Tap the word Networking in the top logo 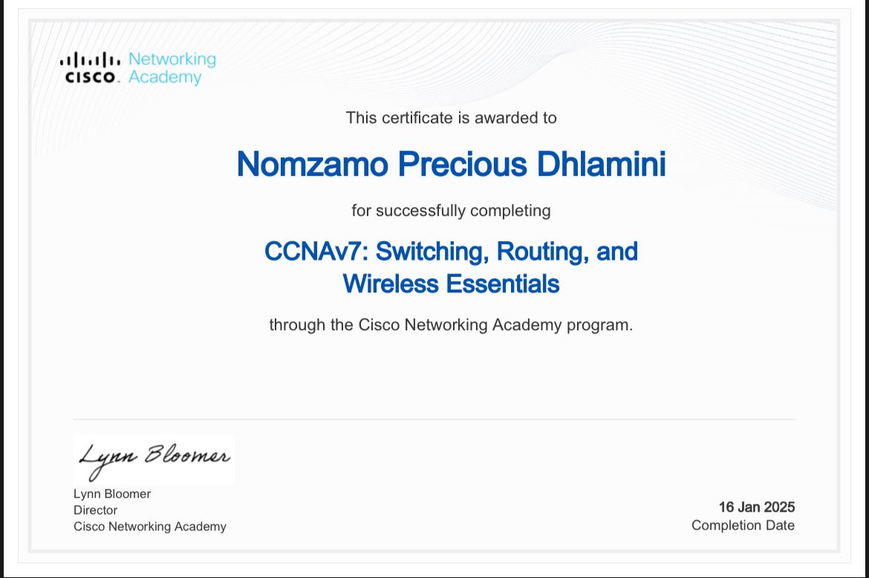172,59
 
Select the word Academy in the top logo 165,77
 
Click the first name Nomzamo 312,164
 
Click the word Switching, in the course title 432,252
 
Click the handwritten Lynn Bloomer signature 154,457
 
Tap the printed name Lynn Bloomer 112,494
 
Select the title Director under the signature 95,510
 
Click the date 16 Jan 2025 756,508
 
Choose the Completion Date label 743,525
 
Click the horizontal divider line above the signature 434,419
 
